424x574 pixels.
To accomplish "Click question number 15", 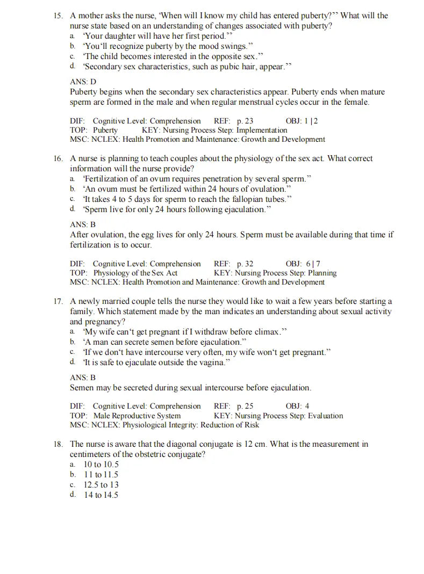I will (x=58, y=16).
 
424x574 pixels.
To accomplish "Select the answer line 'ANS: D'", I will (x=83, y=82).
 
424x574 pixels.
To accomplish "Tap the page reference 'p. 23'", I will (x=245, y=121).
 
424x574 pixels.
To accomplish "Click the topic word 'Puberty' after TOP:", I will (x=105, y=130).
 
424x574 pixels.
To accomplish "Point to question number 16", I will (x=58, y=158).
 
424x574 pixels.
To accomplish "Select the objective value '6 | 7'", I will (x=313, y=264).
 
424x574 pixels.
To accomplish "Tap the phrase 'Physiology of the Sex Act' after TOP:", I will (x=135, y=273).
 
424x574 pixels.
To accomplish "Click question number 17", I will (x=58, y=301).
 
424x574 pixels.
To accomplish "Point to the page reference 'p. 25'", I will (x=245, y=406).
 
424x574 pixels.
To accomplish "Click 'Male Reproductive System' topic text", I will (x=137, y=416).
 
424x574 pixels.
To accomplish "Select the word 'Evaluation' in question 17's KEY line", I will (x=325, y=416).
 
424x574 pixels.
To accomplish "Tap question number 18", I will (x=58, y=444).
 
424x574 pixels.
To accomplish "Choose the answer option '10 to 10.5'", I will (x=101, y=464).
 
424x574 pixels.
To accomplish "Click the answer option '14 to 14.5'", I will (x=101, y=495).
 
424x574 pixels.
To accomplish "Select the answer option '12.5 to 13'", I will (x=101, y=485).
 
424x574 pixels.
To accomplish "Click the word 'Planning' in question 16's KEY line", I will (x=322, y=273).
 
